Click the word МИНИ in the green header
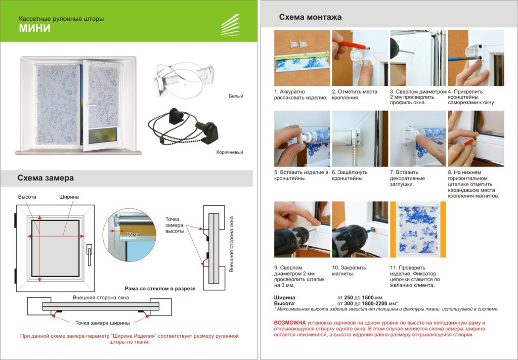(x=35, y=28)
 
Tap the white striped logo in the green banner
(x=230, y=25)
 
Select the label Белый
(x=236, y=96)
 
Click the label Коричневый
(x=230, y=152)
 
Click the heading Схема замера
(x=46, y=178)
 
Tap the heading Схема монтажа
(x=310, y=17)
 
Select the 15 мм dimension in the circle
(x=133, y=234)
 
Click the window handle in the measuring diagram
(x=89, y=255)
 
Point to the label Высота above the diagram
(x=27, y=197)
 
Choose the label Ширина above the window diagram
(x=69, y=197)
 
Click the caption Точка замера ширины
(x=102, y=323)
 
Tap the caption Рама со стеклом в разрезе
(x=160, y=289)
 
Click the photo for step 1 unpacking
(x=302, y=58)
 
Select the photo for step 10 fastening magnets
(x=360, y=230)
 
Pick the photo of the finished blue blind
(x=418, y=230)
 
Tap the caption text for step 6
(x=350, y=175)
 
